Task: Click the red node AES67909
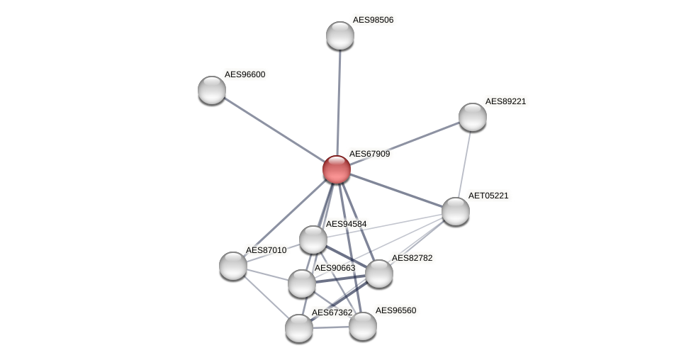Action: pyautogui.click(x=337, y=169)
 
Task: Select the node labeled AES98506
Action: pyautogui.click(x=340, y=35)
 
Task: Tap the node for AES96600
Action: pyautogui.click(x=212, y=90)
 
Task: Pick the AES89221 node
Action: pyautogui.click(x=473, y=117)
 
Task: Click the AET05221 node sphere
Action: pyautogui.click(x=456, y=211)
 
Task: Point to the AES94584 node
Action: pyautogui.click(x=313, y=240)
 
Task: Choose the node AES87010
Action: pyautogui.click(x=233, y=266)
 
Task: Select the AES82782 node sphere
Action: pyautogui.click(x=379, y=274)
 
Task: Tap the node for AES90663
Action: pyautogui.click(x=302, y=283)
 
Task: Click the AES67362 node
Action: pyautogui.click(x=299, y=328)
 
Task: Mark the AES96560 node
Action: pyautogui.click(x=363, y=326)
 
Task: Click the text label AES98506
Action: pyautogui.click(x=373, y=20)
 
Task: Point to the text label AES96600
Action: pyautogui.click(x=245, y=74)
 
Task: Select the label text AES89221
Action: pyautogui.click(x=505, y=101)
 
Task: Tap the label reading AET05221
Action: pyautogui.click(x=488, y=196)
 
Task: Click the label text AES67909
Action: pyautogui.click(x=369, y=154)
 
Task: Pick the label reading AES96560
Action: pyautogui.click(x=395, y=310)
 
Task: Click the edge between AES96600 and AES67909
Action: pyautogui.click(x=274, y=130)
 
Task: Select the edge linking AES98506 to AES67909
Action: pyautogui.click(x=339, y=103)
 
